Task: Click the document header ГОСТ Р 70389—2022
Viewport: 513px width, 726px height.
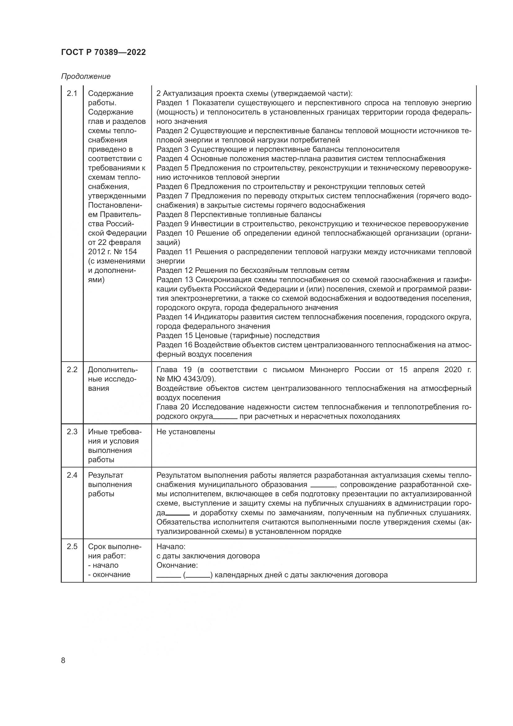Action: click(x=103, y=52)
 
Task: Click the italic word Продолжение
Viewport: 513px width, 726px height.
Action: click(x=86, y=76)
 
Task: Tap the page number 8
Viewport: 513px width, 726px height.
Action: click(x=63, y=660)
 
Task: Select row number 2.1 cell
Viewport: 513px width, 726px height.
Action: click(x=72, y=94)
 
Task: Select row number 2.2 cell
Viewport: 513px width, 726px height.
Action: click(x=72, y=370)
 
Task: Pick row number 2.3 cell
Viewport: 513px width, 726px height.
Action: click(x=72, y=432)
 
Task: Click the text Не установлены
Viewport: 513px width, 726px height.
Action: click(x=186, y=432)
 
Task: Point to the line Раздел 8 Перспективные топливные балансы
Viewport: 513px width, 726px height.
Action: click(x=239, y=215)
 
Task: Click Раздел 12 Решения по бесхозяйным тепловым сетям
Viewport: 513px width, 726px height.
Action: click(x=253, y=270)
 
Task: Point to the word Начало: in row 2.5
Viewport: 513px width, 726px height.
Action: click(x=171, y=546)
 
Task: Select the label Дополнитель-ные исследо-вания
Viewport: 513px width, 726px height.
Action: click(x=113, y=379)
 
